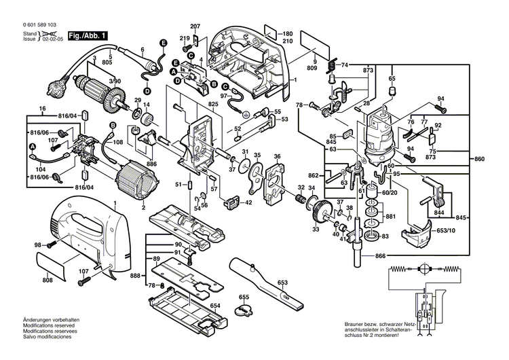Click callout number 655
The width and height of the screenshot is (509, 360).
click(x=244, y=297)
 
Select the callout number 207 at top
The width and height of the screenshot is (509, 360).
click(x=196, y=26)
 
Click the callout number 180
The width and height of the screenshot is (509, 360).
click(x=287, y=34)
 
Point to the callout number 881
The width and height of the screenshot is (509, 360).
click(x=390, y=217)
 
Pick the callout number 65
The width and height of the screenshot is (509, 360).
click(x=392, y=79)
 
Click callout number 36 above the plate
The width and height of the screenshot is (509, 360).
click(x=277, y=158)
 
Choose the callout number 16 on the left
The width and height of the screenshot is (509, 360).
click(x=42, y=109)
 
